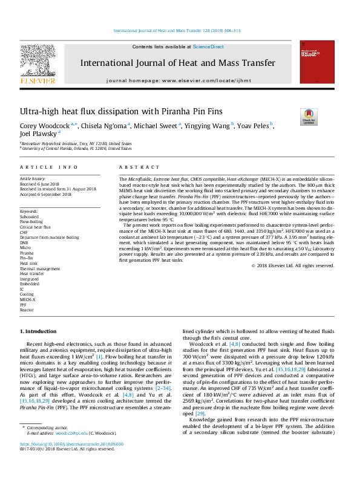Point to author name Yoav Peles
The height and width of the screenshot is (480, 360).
(255, 126)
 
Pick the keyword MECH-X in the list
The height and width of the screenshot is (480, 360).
(28, 299)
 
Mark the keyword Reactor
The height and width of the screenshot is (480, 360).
(27, 308)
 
